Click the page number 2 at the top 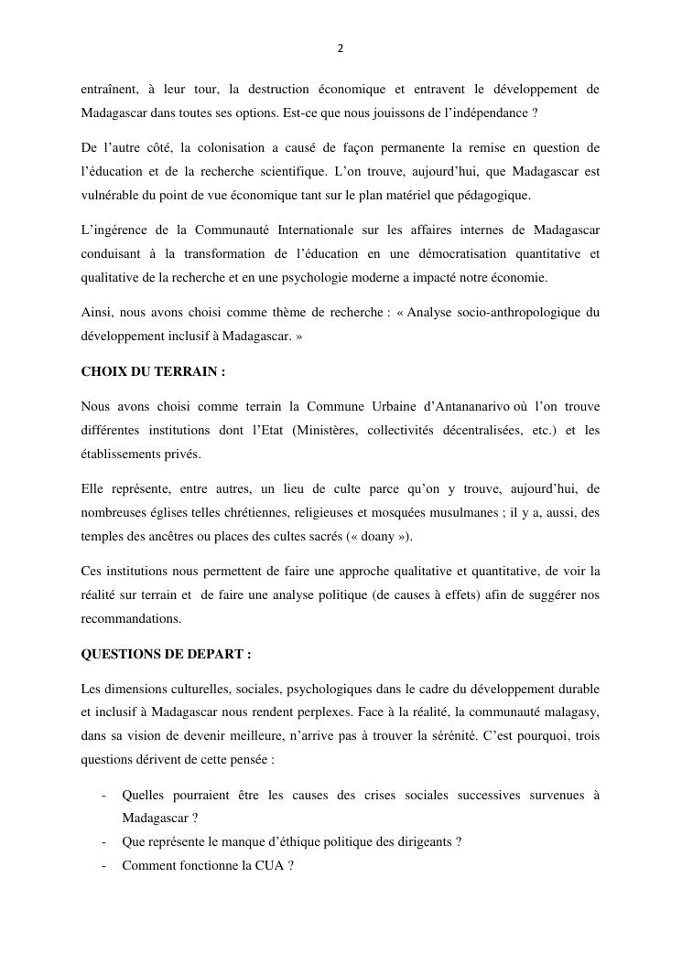341,49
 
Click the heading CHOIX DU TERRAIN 153,373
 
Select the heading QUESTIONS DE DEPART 166,654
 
